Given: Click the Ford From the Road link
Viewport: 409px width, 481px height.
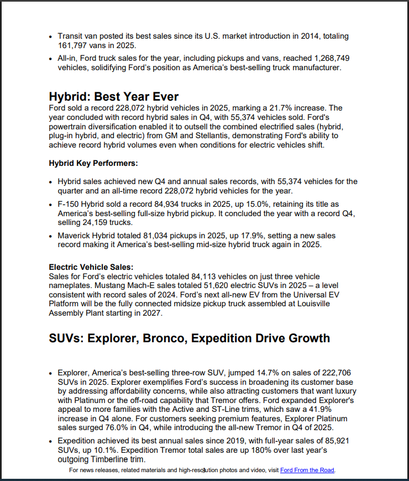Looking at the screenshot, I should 307,470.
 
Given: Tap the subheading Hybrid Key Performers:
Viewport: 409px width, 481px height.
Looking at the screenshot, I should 93,163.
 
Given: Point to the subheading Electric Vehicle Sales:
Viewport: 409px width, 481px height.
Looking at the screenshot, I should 91,267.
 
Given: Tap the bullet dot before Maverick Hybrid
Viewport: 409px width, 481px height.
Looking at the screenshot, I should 51,236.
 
